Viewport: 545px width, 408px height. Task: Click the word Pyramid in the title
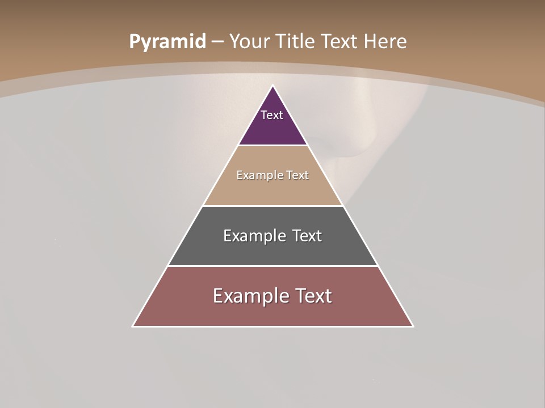click(x=167, y=42)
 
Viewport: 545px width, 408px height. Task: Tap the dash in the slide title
click(x=217, y=42)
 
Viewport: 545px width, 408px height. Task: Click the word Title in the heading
click(x=296, y=42)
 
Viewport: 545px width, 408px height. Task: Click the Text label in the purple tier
click(x=272, y=115)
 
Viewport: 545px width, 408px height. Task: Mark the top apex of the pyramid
click(x=273, y=86)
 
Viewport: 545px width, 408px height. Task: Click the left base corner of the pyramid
click(x=133, y=326)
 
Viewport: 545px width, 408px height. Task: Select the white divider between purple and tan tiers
click(x=273, y=146)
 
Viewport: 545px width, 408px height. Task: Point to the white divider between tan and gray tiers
click(x=273, y=206)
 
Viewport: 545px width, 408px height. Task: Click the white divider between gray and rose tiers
click(x=273, y=266)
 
